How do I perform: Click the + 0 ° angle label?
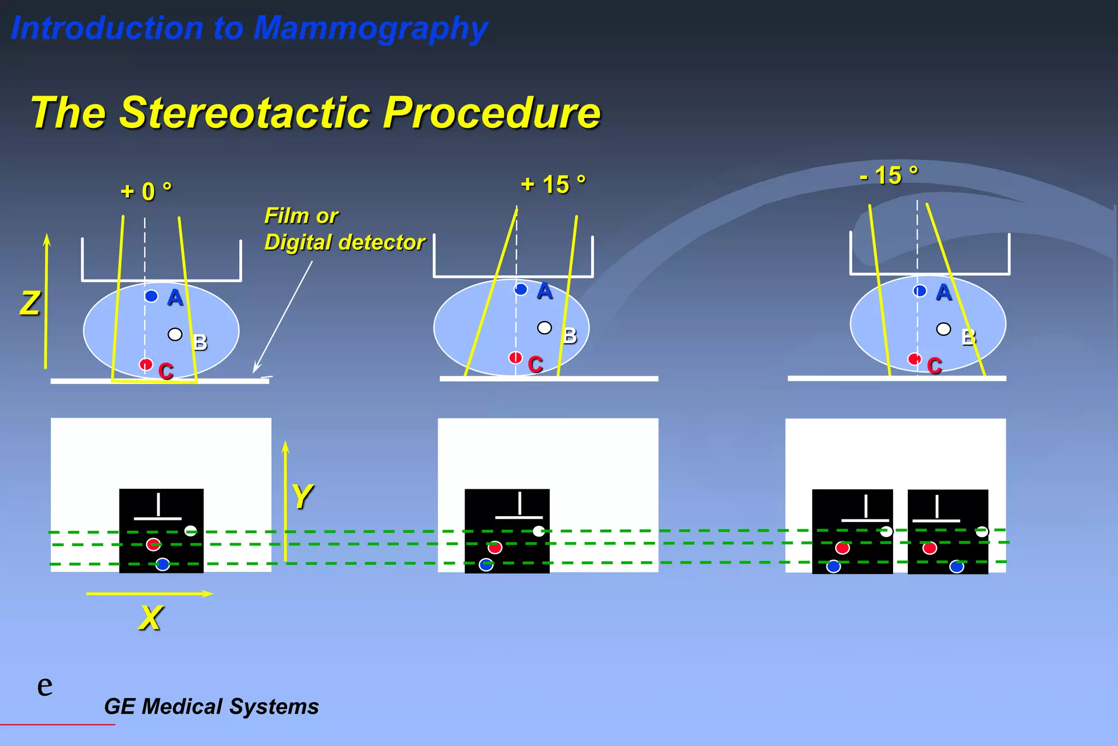146,192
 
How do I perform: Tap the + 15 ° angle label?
553,185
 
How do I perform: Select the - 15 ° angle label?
889,176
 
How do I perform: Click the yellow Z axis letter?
30,304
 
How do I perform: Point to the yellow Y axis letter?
302,496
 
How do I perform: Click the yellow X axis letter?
150,618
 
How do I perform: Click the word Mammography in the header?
370,28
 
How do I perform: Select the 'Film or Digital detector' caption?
344,229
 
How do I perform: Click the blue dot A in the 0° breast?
151,296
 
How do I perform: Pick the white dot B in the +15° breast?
544,328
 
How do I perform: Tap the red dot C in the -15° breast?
914,359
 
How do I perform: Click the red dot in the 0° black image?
153,544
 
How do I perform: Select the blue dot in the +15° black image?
486,565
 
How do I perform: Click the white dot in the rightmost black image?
982,531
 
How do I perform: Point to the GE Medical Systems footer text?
211,707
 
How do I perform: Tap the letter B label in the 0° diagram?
200,343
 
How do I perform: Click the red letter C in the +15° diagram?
536,364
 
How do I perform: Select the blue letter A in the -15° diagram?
943,293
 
